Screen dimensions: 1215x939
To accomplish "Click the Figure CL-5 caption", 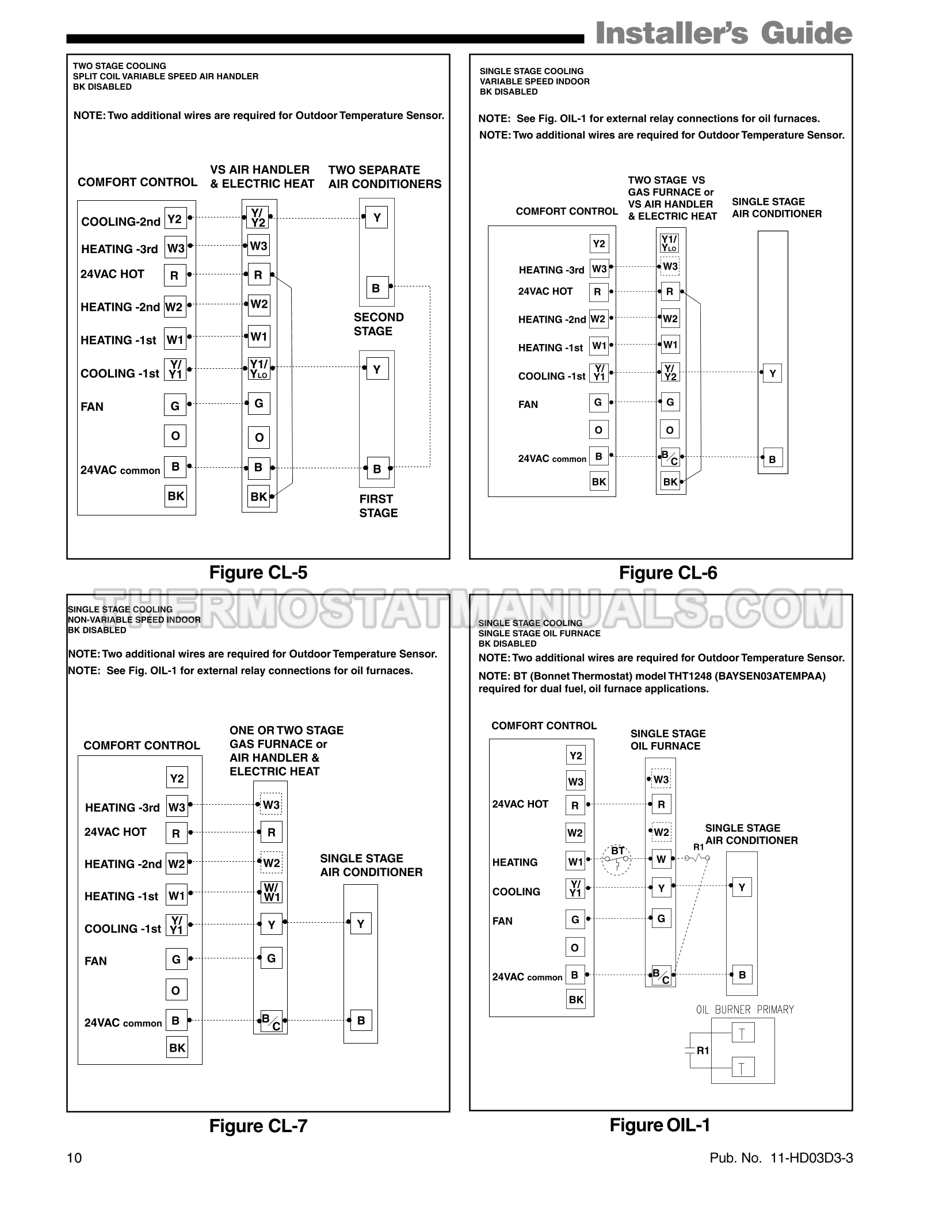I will pos(258,572).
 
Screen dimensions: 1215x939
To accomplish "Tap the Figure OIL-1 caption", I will pos(660,1125).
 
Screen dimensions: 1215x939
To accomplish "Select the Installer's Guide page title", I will pos(723,33).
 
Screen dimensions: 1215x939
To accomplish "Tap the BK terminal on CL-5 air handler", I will pos(259,496).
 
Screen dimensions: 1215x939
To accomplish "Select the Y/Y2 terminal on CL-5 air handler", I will pos(258,218).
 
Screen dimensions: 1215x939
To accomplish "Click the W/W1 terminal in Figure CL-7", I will pos(272,892).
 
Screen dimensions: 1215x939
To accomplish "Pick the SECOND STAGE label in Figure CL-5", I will pos(379,324).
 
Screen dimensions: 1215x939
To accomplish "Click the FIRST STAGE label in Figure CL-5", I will pos(378,506).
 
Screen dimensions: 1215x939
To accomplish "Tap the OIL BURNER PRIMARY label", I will pos(745,1009).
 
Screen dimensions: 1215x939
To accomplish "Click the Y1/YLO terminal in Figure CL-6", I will pos(670,242).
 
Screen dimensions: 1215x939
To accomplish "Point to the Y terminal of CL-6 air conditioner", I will pos(772,373).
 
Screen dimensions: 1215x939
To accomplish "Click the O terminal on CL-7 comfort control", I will pos(176,990).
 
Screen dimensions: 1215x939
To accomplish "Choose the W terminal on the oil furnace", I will pos(661,859).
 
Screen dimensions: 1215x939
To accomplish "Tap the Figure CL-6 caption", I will pos(668,572).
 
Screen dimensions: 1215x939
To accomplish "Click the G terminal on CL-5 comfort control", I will pos(175,406).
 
